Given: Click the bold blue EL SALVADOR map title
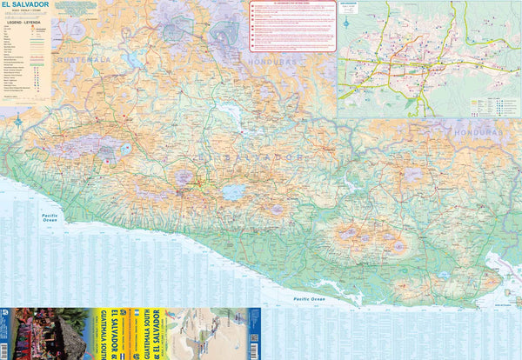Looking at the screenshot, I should point(24,5).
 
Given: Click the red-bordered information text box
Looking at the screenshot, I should point(291,26).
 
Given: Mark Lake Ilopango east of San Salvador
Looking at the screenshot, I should point(232,191).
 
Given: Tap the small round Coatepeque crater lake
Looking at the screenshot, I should point(128,149).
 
